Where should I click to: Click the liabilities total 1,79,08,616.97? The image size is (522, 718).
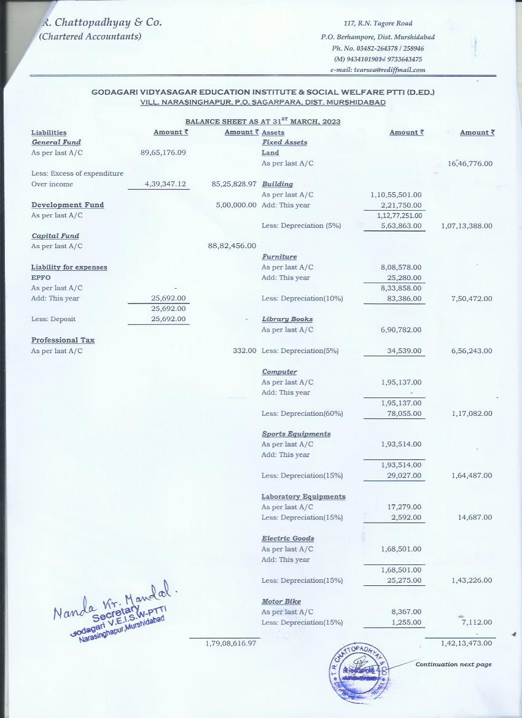point(230,643)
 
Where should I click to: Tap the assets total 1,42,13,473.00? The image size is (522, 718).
point(467,643)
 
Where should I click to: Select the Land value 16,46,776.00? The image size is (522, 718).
point(470,164)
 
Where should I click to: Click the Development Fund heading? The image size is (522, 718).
point(68,205)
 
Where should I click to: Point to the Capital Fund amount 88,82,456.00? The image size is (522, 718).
point(232,246)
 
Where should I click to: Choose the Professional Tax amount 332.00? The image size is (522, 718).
point(244,351)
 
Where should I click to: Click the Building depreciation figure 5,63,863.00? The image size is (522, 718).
point(401,225)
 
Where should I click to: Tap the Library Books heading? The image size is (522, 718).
point(287,319)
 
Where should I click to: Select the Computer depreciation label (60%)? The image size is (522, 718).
point(302,413)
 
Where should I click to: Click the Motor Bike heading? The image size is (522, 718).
point(281,602)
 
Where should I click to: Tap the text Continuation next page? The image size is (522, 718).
point(453,665)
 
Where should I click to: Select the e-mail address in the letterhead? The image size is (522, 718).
point(378,69)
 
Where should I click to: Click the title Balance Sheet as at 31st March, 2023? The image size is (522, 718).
point(262,122)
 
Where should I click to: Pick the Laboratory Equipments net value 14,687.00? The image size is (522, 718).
point(475,518)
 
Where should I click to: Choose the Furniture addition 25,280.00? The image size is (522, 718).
point(401,278)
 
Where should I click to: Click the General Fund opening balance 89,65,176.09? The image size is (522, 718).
point(163,153)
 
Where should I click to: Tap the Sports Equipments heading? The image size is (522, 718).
point(296,434)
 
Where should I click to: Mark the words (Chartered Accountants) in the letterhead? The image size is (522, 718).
point(90,36)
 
